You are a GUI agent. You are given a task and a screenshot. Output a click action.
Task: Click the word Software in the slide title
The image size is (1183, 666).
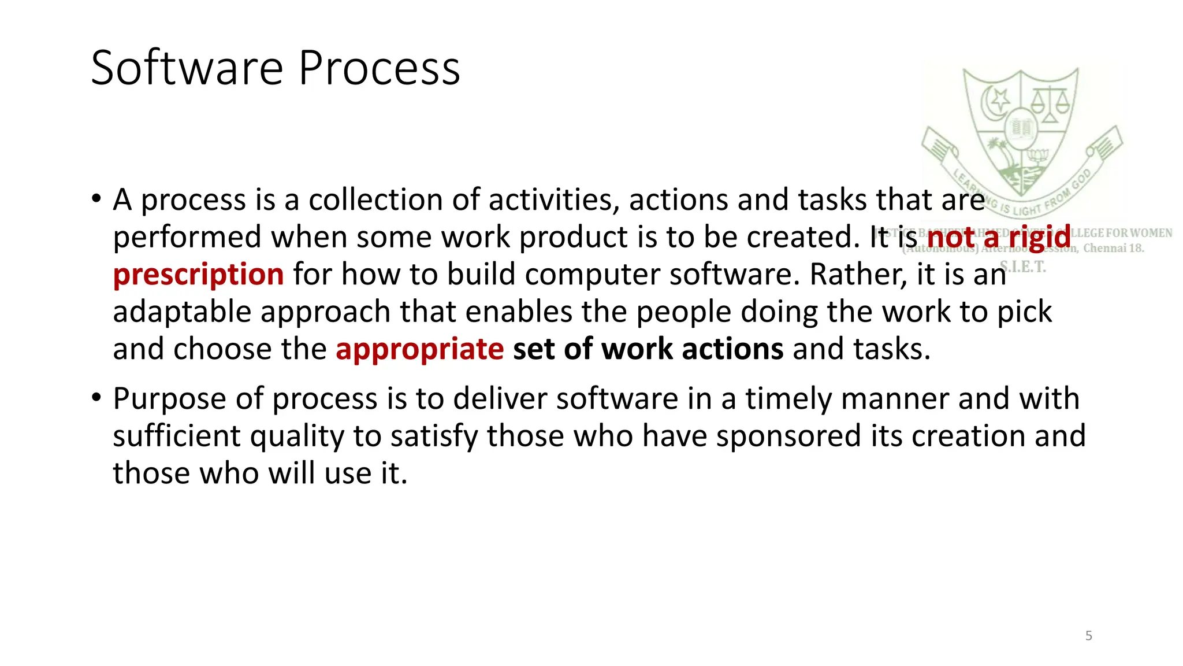coord(187,68)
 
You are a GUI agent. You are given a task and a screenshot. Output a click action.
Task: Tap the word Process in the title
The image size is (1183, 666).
coord(379,68)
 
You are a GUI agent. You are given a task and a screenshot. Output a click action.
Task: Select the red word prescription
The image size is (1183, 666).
coord(198,274)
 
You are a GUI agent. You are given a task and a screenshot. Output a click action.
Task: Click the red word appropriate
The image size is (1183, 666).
coord(419,349)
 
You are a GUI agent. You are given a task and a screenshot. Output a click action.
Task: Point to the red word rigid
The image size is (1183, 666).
coord(1039,237)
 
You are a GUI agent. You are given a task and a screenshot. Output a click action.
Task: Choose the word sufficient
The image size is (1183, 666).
coord(176,436)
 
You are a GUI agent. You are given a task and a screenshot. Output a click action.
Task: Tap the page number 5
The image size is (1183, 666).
coord(1088,636)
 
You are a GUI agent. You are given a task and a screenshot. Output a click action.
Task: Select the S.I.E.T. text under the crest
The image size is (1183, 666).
coord(1023,267)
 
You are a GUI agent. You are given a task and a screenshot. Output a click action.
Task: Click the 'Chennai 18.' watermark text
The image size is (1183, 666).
coord(1113,249)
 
